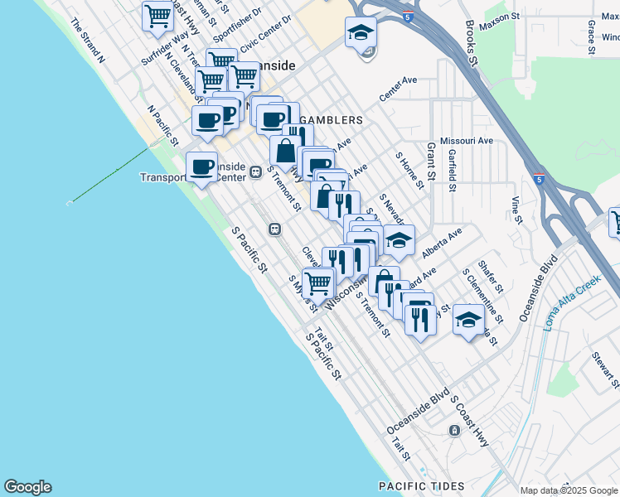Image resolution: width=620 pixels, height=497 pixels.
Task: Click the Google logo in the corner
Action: (x=27, y=487)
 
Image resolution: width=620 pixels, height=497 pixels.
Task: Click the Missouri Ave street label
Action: (x=467, y=141)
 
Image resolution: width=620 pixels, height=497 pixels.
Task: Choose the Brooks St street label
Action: (x=472, y=44)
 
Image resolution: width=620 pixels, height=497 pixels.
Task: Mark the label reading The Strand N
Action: (x=88, y=41)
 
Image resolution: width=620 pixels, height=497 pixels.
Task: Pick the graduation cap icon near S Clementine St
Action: (x=469, y=319)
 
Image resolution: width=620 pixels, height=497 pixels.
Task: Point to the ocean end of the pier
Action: (x=68, y=202)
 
